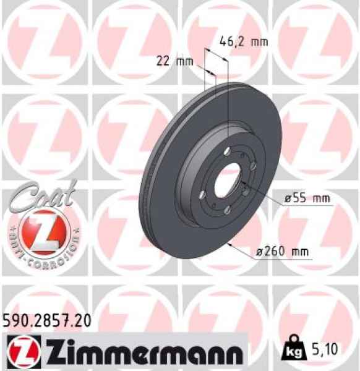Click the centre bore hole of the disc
pyautogui.click(x=226, y=181)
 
